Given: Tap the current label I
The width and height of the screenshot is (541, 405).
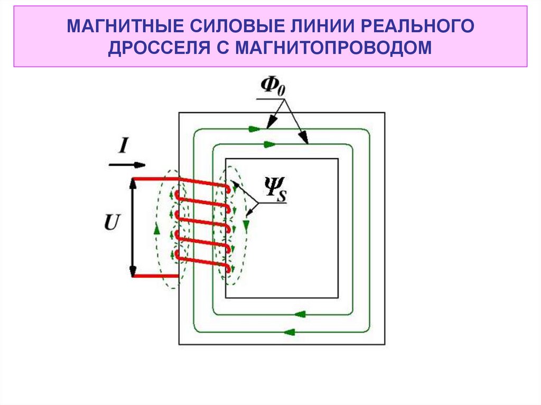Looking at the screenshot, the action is pos(123,145).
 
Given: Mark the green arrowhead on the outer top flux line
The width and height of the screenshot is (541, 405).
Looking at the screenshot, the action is pos(255,128).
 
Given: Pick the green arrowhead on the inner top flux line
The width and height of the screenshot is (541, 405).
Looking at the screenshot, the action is pos(269,143).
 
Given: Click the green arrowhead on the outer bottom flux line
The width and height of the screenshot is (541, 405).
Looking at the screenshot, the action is pos(288,332).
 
